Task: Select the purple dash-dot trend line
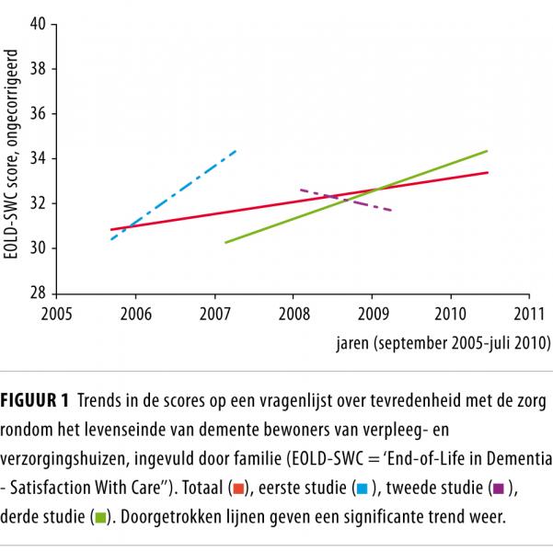[x=345, y=200]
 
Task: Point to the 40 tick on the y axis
[x=39, y=24]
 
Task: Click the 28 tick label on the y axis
[x=39, y=293]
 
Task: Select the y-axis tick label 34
[x=39, y=158]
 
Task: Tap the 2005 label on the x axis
[x=56, y=313]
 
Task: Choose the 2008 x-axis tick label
[x=293, y=313]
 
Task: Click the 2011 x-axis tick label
[x=528, y=313]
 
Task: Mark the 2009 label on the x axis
[x=371, y=313]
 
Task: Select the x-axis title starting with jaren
[x=443, y=343]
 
